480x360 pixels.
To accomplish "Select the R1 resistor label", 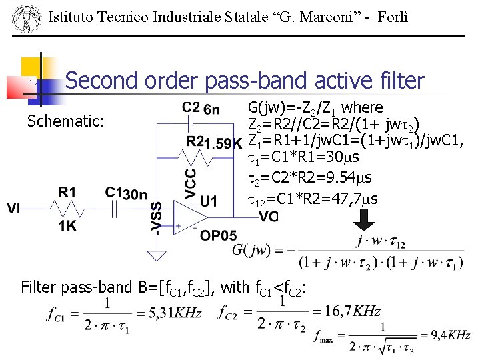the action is pos(67,192).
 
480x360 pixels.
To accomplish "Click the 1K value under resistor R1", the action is pos(67,226).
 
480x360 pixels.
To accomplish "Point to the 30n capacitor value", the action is pos(135,194).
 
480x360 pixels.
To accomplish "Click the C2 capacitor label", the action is pos(191,107).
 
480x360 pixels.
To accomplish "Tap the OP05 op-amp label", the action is pos(218,235).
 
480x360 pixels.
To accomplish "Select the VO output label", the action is pos(269,217).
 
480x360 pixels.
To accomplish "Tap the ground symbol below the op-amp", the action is pos(157,255).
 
